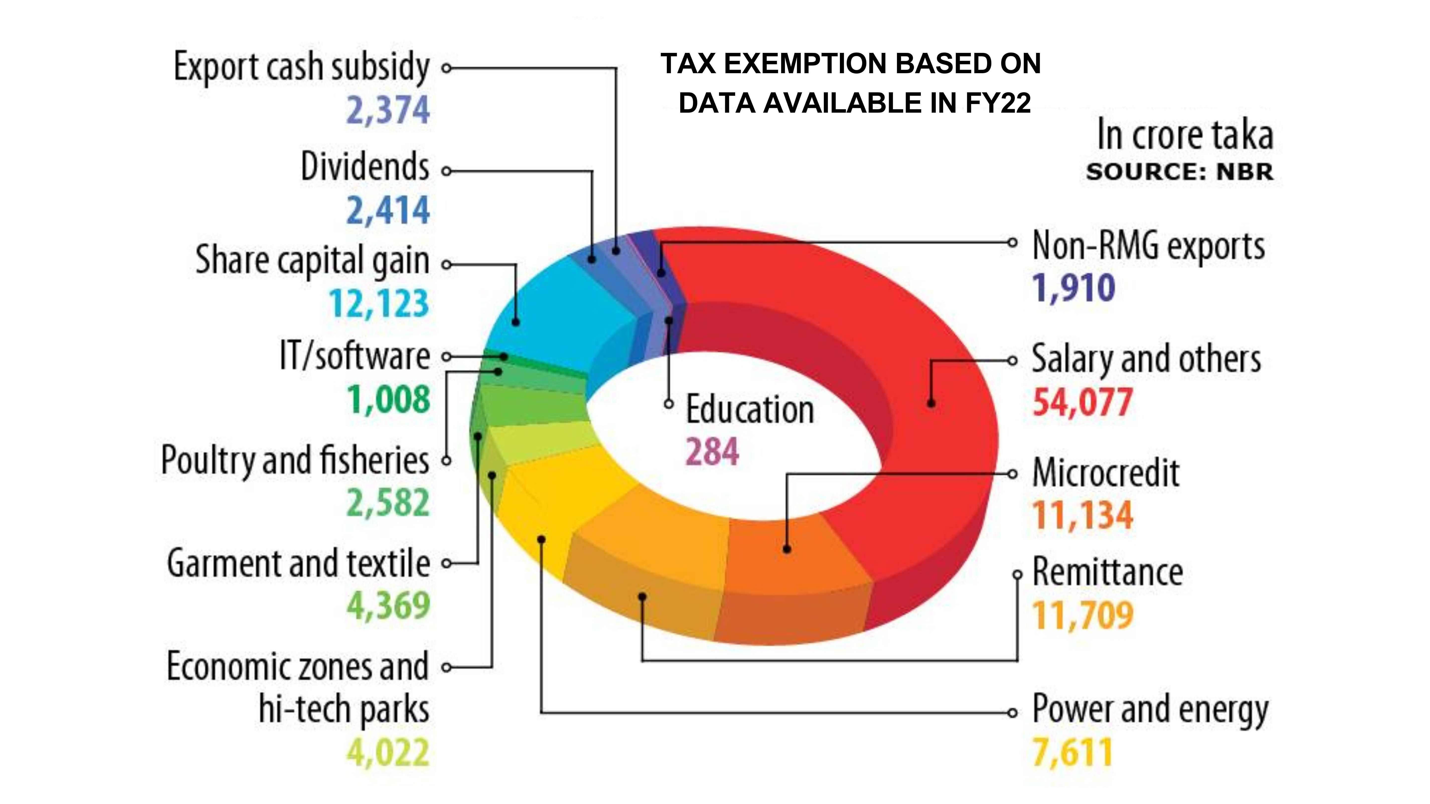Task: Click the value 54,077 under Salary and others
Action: [1082, 403]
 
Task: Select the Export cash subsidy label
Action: [301, 67]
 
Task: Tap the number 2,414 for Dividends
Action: [388, 211]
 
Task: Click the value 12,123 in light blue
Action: [380, 304]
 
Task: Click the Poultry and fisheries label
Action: [295, 461]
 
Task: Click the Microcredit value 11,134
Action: [1082, 515]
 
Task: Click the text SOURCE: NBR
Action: [1180, 172]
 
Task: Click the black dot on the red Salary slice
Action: [931, 403]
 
